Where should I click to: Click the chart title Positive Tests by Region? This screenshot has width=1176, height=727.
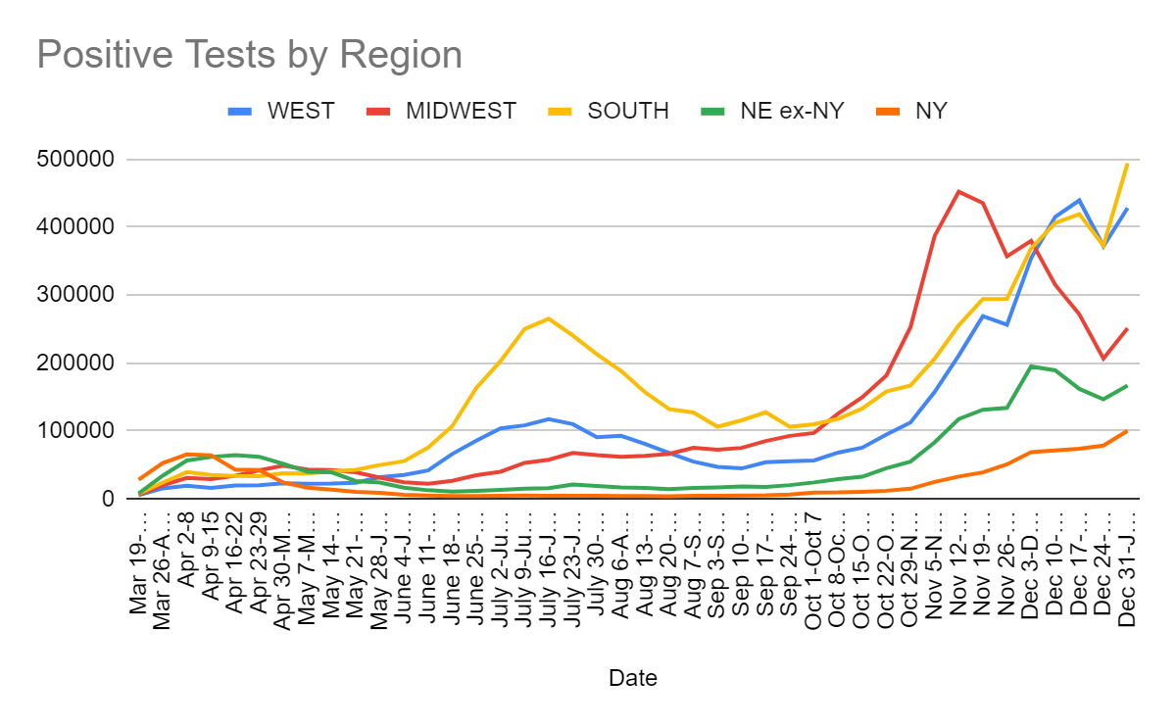click(249, 55)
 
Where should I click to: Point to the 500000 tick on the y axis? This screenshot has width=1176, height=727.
click(78, 159)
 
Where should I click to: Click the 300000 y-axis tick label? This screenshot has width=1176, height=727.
click(78, 295)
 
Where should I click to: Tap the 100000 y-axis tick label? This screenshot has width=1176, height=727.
click(78, 431)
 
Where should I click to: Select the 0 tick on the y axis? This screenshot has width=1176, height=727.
click(107, 499)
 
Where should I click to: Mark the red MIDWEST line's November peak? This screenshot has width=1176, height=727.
click(958, 191)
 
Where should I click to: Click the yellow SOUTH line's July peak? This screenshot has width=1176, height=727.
click(548, 318)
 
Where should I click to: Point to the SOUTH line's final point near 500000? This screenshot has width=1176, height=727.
click(1127, 164)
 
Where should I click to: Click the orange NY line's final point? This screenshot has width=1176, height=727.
click(1127, 431)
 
